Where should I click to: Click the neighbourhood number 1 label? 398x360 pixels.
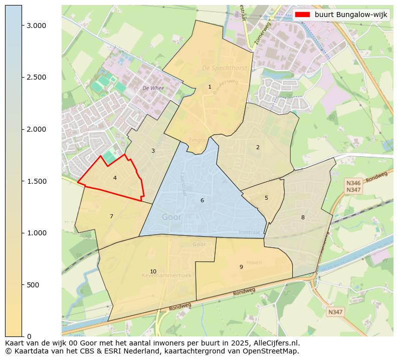[210, 87]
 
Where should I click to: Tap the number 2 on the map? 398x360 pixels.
[258, 147]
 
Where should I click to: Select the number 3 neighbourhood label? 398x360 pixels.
[153, 151]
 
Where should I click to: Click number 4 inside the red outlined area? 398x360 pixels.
[115, 178]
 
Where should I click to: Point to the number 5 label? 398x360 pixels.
[266, 198]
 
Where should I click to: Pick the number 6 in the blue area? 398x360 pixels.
[202, 200]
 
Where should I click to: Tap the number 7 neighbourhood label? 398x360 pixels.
[111, 216]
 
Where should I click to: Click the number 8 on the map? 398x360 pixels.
[303, 217]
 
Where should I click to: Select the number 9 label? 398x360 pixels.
[241, 267]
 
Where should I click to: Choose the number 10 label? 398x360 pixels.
[153, 271]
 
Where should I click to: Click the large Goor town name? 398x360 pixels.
[171, 217]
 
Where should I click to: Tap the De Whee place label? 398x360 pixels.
[153, 88]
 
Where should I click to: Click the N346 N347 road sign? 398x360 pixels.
[353, 186]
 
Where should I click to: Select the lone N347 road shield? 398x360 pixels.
[335, 312]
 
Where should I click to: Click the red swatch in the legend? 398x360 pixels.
[303, 15]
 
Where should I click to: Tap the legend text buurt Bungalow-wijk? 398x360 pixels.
[351, 15]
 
